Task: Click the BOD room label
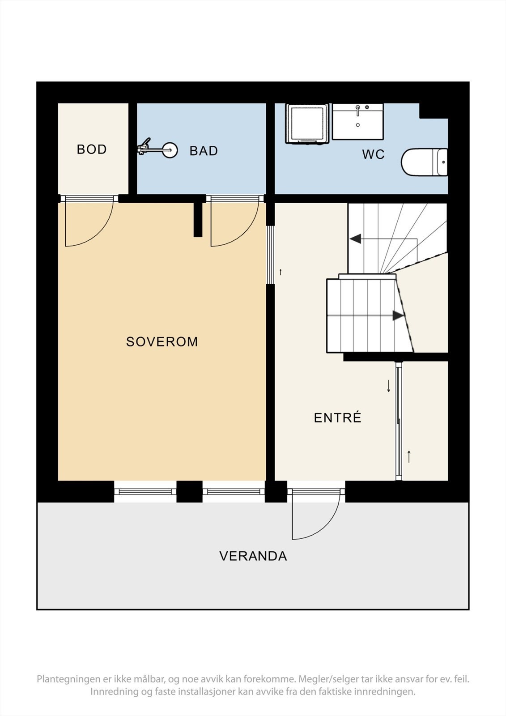[x=92, y=149]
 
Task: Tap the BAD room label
[x=204, y=151]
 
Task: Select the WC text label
[x=373, y=154]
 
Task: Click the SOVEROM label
[x=162, y=342]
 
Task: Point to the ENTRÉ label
[x=337, y=418]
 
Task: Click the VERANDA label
[x=253, y=556]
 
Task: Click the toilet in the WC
[x=424, y=162]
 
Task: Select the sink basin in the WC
[x=358, y=122]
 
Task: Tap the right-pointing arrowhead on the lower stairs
[x=398, y=315]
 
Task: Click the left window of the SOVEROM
[x=145, y=492]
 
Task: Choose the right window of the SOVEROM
[x=234, y=492]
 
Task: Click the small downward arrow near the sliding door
[x=388, y=386]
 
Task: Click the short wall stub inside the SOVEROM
[x=198, y=219]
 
